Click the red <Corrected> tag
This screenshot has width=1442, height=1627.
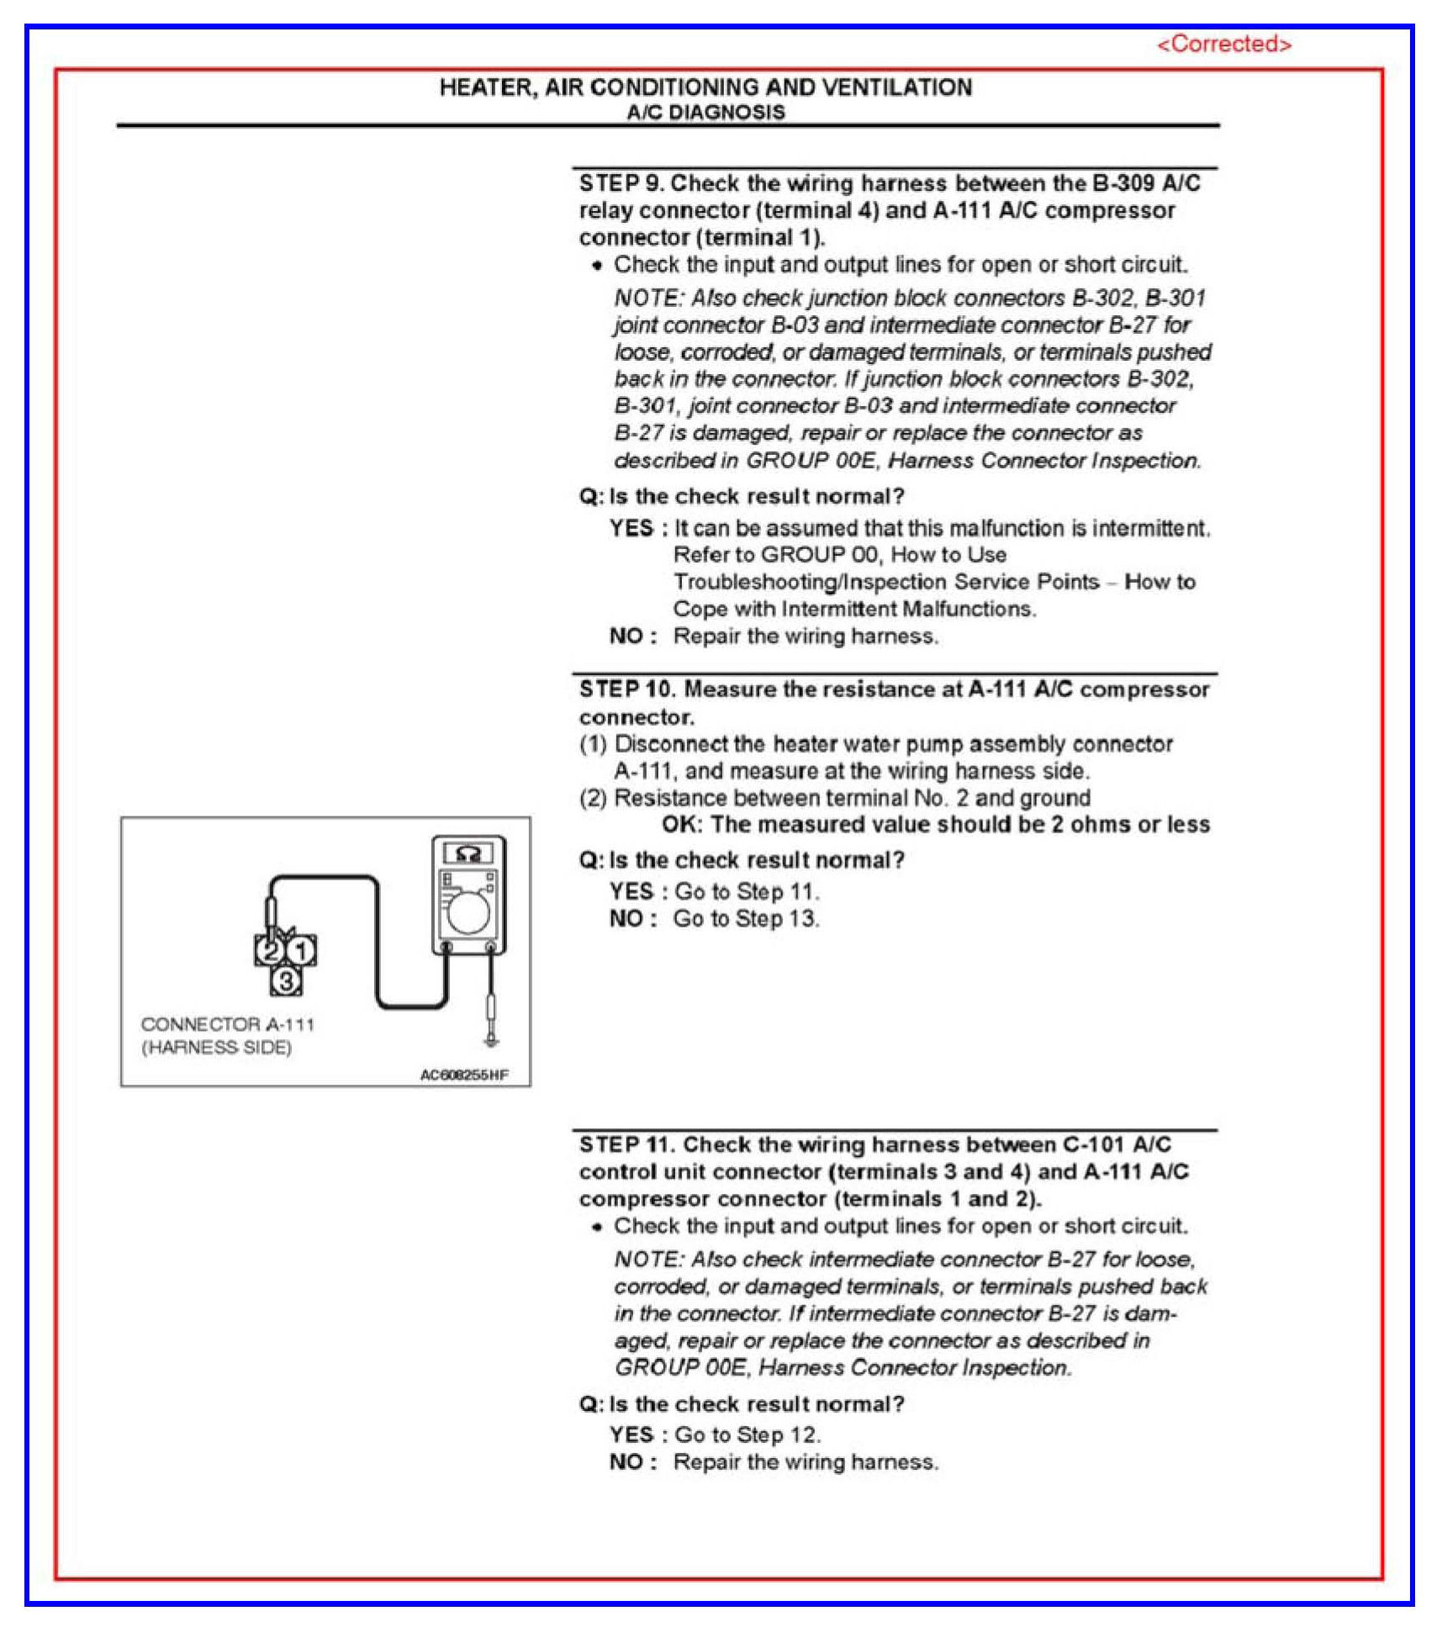[1223, 44]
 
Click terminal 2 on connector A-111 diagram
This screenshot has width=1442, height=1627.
[270, 951]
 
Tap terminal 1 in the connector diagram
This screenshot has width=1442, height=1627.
[301, 951]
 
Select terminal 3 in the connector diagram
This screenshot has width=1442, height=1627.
[286, 980]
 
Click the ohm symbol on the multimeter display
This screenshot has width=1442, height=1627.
[468, 854]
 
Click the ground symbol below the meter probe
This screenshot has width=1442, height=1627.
[492, 1042]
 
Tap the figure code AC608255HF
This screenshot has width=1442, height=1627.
[464, 1075]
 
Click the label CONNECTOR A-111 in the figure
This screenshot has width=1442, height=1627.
[228, 1024]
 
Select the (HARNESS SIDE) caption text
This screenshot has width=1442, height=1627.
[216, 1047]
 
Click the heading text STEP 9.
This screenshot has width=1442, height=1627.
[621, 183]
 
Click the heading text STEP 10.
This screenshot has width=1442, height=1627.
[626, 689]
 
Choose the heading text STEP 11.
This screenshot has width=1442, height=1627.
[626, 1144]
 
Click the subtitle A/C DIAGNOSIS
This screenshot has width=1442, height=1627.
[705, 113]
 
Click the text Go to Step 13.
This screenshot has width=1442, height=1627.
[746, 918]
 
